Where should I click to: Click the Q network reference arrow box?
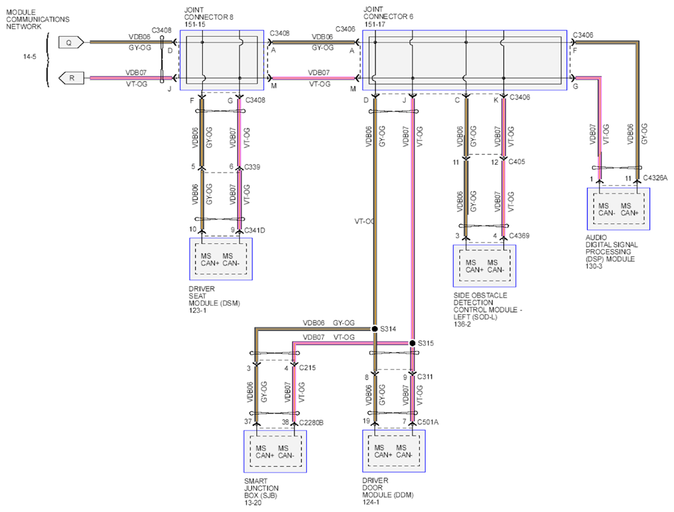pyautogui.click(x=71, y=43)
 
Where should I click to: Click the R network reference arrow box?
pyautogui.click(x=71, y=78)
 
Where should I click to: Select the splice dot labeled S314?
pyautogui.click(x=374, y=329)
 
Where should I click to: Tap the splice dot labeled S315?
pyautogui.click(x=412, y=343)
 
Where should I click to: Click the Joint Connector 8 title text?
pyautogui.click(x=208, y=17)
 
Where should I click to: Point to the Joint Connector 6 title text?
pyautogui.click(x=388, y=16)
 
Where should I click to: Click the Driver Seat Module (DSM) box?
pyautogui.click(x=221, y=259)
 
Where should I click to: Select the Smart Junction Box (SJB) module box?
pyautogui.click(x=275, y=451)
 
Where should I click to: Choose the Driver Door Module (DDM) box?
pyautogui.click(x=394, y=451)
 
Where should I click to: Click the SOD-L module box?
pyautogui.click(x=484, y=266)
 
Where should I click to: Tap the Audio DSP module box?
pyautogui.click(x=619, y=209)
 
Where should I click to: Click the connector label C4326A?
pyautogui.click(x=655, y=178)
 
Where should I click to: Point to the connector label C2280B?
pyautogui.click(x=311, y=422)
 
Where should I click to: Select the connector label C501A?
pyautogui.click(x=428, y=422)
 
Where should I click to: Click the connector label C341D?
pyautogui.click(x=254, y=231)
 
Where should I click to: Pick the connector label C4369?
pyautogui.click(x=519, y=236)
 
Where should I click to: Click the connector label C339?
pyautogui.click(x=252, y=167)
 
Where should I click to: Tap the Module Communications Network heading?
pyautogui.click(x=38, y=19)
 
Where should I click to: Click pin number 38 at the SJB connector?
pyautogui.click(x=285, y=422)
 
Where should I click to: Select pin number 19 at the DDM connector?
pyautogui.click(x=366, y=421)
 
